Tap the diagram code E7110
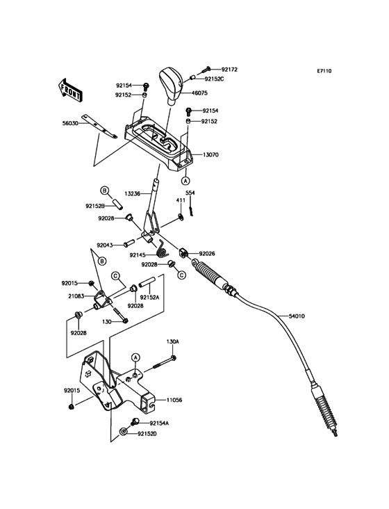[x=324, y=71]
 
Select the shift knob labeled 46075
[x=172, y=86]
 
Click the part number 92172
[x=229, y=70]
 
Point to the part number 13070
[x=210, y=155]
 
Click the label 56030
[x=70, y=123]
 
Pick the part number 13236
[x=132, y=194]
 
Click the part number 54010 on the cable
[x=297, y=316]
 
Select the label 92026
[x=207, y=253]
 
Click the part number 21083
[x=76, y=296]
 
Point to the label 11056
[x=174, y=400]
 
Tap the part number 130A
[x=172, y=341]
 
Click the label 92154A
[x=159, y=423]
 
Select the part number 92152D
[x=147, y=433]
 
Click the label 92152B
[x=95, y=206]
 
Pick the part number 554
[x=190, y=193]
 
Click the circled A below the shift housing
[x=185, y=180]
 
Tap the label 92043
[x=105, y=245]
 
